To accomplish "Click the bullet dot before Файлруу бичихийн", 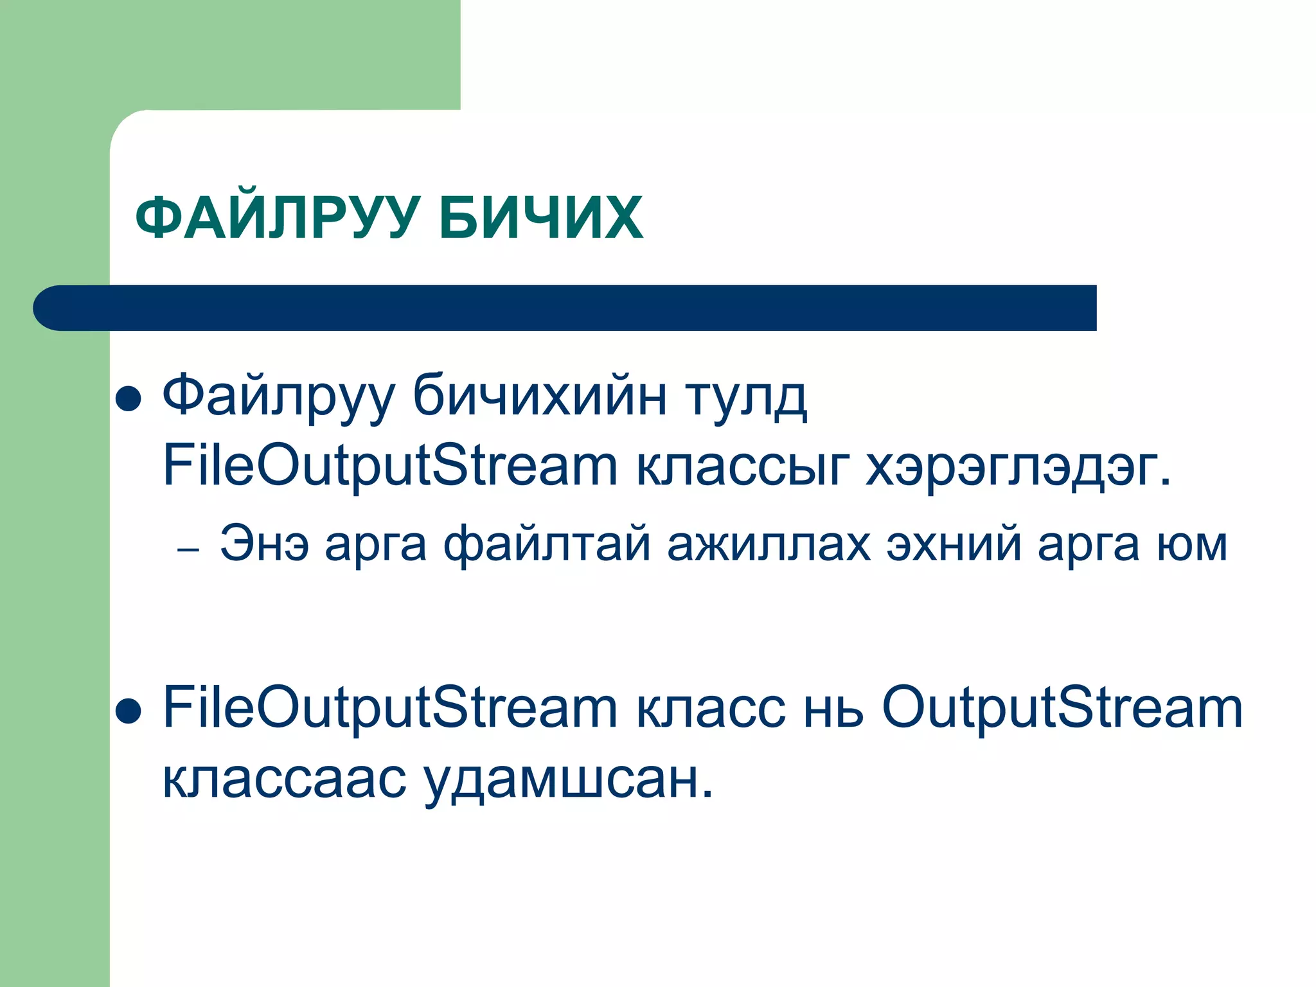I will (x=129, y=398).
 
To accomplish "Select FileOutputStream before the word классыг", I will (x=390, y=466).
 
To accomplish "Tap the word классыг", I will (x=742, y=466).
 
